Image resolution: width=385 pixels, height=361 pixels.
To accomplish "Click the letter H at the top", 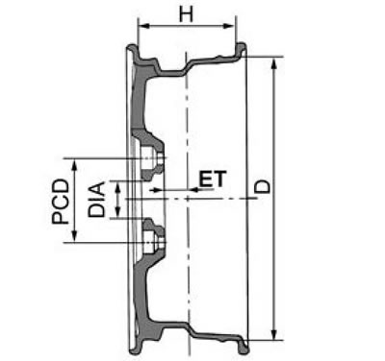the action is (x=186, y=14).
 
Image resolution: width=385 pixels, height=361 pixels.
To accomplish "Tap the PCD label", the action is (x=61, y=201).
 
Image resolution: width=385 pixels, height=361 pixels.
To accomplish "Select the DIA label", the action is (x=96, y=199).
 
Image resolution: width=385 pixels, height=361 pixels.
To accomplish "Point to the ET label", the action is (x=213, y=179).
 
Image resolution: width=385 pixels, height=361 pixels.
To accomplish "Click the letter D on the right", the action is (x=263, y=186).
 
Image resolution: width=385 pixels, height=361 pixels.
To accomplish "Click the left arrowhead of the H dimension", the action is (x=141, y=26).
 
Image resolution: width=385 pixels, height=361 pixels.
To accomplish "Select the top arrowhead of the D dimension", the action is (x=273, y=63).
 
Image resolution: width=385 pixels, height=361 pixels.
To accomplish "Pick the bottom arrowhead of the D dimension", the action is (x=273, y=335).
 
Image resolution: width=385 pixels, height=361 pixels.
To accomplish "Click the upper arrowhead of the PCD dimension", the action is (x=74, y=165).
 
